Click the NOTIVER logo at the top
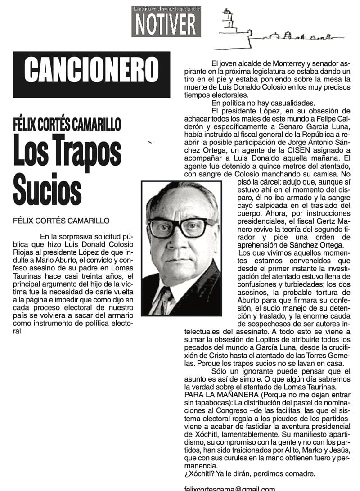coord(166,24)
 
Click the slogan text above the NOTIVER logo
coord(166,9)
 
